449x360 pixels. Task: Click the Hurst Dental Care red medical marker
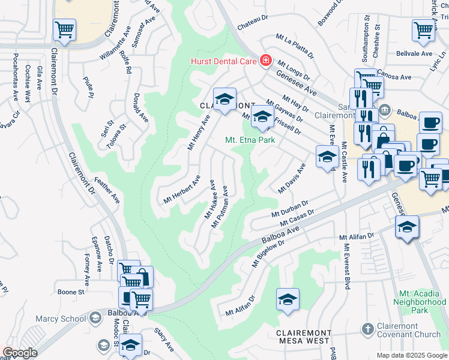pos(265,61)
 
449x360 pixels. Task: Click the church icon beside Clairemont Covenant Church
pos(367,329)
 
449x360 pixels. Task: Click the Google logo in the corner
pos(19,353)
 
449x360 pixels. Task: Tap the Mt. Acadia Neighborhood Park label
pos(421,303)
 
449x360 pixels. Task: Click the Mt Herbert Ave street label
pos(182,190)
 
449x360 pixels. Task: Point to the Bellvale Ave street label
pos(414,53)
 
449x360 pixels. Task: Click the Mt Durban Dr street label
pos(289,209)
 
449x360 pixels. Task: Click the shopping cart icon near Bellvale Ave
pos(423,29)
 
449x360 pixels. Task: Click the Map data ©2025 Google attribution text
pos(412,355)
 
